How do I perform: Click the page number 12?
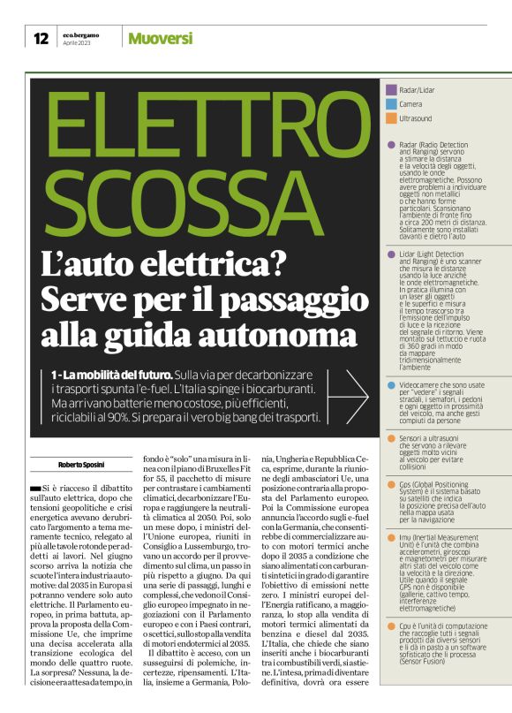(x=41, y=38)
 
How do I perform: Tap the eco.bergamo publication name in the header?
(x=81, y=34)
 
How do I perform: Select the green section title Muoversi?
(x=161, y=38)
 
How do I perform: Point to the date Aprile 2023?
(x=76, y=43)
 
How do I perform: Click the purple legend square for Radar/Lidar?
(x=392, y=90)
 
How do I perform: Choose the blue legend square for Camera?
(x=392, y=103)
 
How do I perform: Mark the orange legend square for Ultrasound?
(x=392, y=117)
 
